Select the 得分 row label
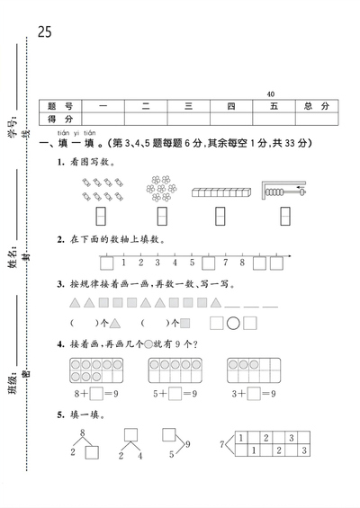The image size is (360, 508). (x=66, y=119)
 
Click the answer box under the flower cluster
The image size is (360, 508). (x=163, y=216)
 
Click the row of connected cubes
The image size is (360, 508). (x=221, y=192)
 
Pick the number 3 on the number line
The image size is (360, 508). (x=157, y=263)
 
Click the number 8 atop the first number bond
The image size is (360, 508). (x=83, y=434)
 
